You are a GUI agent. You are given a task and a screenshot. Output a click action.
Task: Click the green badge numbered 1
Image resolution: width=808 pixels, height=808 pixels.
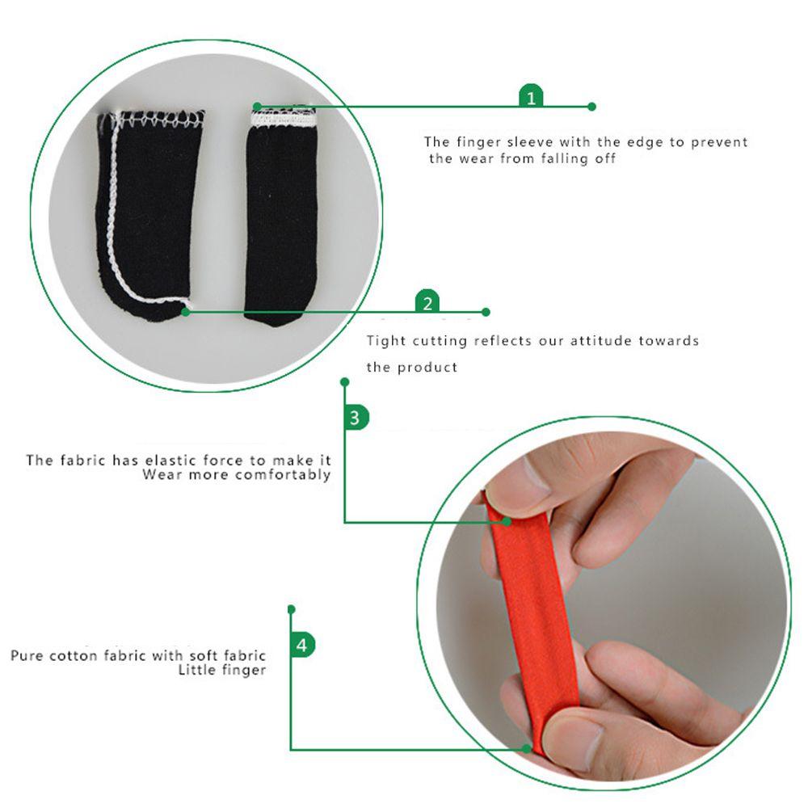531,98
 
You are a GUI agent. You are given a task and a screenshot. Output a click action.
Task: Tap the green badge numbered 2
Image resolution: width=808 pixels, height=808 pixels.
427,303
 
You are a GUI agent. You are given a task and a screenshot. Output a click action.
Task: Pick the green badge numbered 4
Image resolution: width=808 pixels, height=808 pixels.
301,646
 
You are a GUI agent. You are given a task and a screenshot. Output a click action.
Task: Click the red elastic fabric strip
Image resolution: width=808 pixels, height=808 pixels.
533,614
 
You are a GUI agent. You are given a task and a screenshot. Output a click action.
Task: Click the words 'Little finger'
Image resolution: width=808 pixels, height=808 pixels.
221,671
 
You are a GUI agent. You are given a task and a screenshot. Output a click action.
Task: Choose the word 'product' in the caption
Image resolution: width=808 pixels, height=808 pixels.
427,368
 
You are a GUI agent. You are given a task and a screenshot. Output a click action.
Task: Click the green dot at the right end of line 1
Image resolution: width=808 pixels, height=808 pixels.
591,107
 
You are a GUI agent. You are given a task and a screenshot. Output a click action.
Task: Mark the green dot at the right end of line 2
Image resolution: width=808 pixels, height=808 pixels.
486,312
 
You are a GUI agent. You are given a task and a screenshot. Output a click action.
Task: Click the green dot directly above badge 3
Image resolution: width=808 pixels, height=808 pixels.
345,381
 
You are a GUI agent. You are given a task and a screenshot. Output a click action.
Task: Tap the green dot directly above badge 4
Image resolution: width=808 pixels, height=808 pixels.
291,608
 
